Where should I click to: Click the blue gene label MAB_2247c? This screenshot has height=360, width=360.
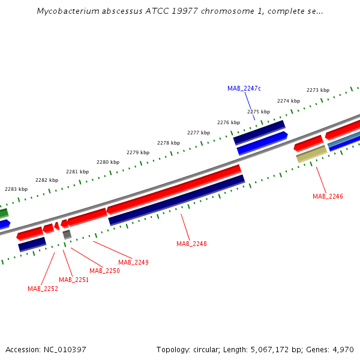coord(244,88)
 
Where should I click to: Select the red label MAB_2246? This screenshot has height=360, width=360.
coord(328,196)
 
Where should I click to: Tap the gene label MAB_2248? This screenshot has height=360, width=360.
coord(191,244)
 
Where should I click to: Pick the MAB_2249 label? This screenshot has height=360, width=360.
coord(133,262)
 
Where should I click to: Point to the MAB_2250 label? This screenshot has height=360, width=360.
coord(104,271)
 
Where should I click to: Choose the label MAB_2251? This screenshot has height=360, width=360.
coord(74,280)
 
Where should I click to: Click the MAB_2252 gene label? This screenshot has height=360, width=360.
coord(43,289)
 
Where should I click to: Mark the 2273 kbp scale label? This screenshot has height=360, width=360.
coord(318,90)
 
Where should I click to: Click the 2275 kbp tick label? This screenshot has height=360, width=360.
coord(259,112)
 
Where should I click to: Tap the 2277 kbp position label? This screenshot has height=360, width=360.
coord(199,133)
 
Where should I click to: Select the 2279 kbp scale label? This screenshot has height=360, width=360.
coord(138,152)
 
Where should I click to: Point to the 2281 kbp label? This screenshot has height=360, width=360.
coord(77,172)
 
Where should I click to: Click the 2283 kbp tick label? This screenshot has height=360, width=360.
coord(16,189)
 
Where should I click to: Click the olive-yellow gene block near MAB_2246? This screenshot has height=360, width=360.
coord(311,154)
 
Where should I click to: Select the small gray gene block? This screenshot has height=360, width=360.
coord(67,234)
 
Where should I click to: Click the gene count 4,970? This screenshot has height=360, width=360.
coord(343,349)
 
